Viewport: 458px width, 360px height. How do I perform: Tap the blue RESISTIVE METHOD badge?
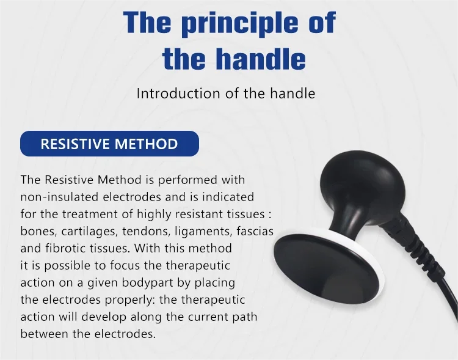pos(109,144)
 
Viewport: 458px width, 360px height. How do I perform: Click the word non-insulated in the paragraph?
pos(59,197)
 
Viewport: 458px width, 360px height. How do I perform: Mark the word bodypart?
pos(148,283)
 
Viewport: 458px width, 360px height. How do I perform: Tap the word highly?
pos(154,214)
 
